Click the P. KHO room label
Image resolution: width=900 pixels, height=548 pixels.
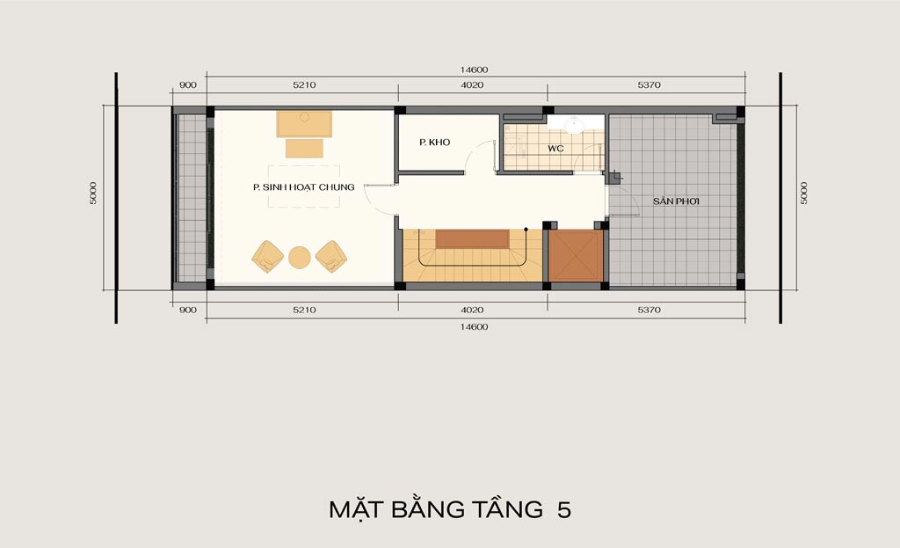coord(434,142)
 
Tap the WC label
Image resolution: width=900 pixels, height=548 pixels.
coord(555,149)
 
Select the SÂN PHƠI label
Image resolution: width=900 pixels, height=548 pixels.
coord(676,201)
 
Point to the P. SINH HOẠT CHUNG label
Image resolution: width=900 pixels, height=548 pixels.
coord(303,187)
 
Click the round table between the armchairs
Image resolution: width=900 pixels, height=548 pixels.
coord(300,258)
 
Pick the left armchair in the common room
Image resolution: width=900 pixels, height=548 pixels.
coord(267,256)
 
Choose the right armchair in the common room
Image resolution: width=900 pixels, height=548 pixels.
coord(331,256)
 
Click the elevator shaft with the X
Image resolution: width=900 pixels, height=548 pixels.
coord(576,256)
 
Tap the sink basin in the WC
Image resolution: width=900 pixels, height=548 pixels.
coord(573,125)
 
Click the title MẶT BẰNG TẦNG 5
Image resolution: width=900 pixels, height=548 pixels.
coord(450,509)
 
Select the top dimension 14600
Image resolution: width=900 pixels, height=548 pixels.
coord(474,69)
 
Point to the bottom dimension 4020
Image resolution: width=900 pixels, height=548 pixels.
coord(472,310)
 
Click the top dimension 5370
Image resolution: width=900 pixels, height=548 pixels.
coord(649,85)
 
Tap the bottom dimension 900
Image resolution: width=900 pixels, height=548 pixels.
coord(188,310)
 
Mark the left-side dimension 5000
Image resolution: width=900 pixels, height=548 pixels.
coord(93,193)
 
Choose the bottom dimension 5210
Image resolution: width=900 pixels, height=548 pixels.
coord(304,310)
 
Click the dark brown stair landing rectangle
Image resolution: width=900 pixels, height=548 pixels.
coord(472,239)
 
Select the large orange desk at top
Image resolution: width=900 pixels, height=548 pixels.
coord(304,123)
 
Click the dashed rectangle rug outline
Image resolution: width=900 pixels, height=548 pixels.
coord(303,186)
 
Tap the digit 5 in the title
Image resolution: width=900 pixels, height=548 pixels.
coord(564,510)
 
